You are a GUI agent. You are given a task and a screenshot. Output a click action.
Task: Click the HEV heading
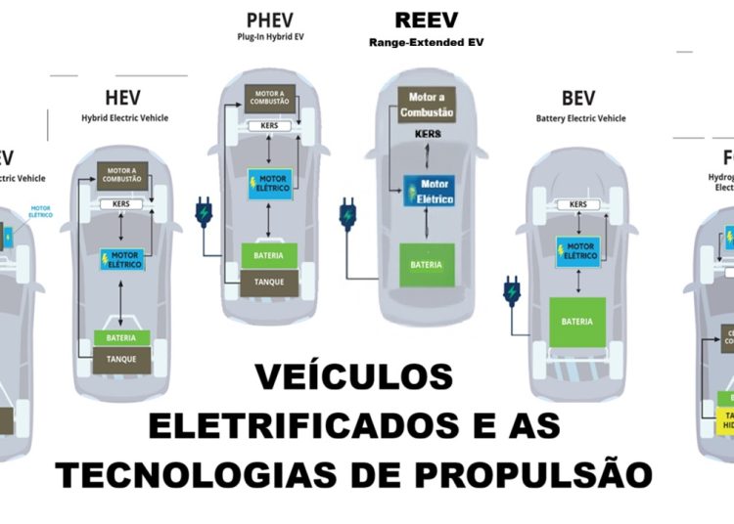tap(123, 98)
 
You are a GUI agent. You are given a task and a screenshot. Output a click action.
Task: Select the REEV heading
tap(426, 21)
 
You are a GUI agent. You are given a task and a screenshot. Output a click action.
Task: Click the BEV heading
tap(579, 99)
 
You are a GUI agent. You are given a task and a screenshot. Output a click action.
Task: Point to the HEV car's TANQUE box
tap(122, 358)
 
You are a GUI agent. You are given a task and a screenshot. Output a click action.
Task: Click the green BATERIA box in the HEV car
tap(122, 338)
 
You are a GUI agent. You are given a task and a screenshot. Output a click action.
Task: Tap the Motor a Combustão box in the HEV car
tap(122, 177)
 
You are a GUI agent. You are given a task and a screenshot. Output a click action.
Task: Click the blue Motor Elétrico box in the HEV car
tap(121, 259)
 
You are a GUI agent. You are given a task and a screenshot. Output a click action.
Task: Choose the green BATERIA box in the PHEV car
tap(269, 256)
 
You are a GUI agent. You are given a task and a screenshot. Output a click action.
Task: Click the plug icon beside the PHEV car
tap(204, 212)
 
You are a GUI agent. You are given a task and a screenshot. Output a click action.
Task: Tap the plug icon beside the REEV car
tap(347, 214)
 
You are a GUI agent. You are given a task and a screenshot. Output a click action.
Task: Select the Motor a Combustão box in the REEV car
tap(426, 105)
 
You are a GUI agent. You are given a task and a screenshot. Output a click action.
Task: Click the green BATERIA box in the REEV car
tap(426, 265)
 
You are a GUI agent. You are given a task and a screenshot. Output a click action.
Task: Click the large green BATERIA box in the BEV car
tap(578, 321)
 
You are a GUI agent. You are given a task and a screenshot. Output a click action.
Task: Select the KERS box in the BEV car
tap(578, 204)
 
